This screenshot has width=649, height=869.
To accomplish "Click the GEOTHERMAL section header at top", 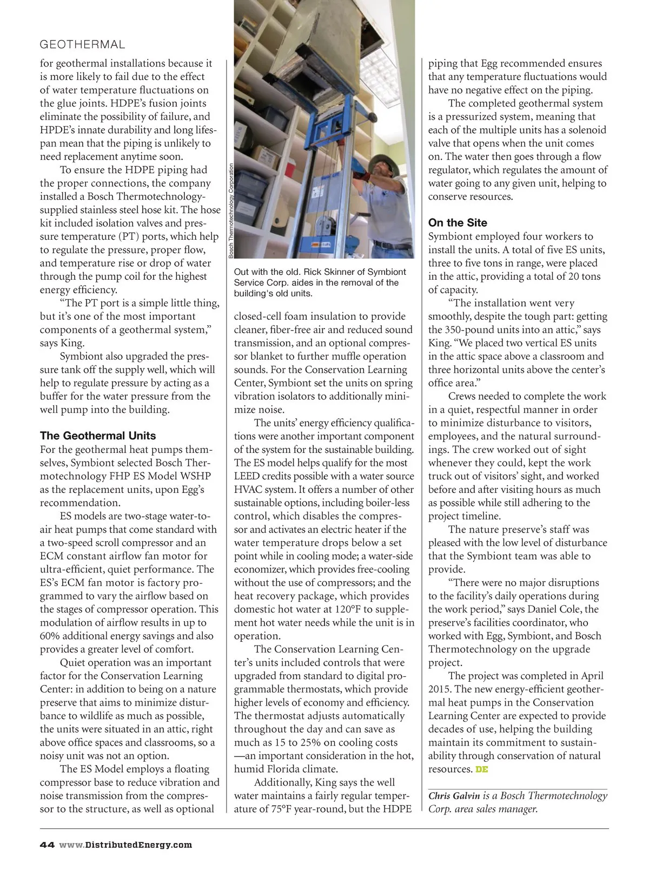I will [x=82, y=44].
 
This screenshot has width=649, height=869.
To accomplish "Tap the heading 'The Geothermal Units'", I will [x=98, y=436].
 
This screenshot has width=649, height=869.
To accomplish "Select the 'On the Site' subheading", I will [x=458, y=223].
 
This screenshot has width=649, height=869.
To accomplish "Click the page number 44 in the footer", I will [x=47, y=845].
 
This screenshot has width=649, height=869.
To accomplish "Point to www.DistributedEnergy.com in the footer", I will [x=125, y=845].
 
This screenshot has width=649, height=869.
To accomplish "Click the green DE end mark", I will [x=481, y=769].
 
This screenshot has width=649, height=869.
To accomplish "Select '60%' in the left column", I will [x=50, y=636].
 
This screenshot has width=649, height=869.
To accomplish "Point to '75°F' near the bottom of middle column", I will [x=294, y=809].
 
